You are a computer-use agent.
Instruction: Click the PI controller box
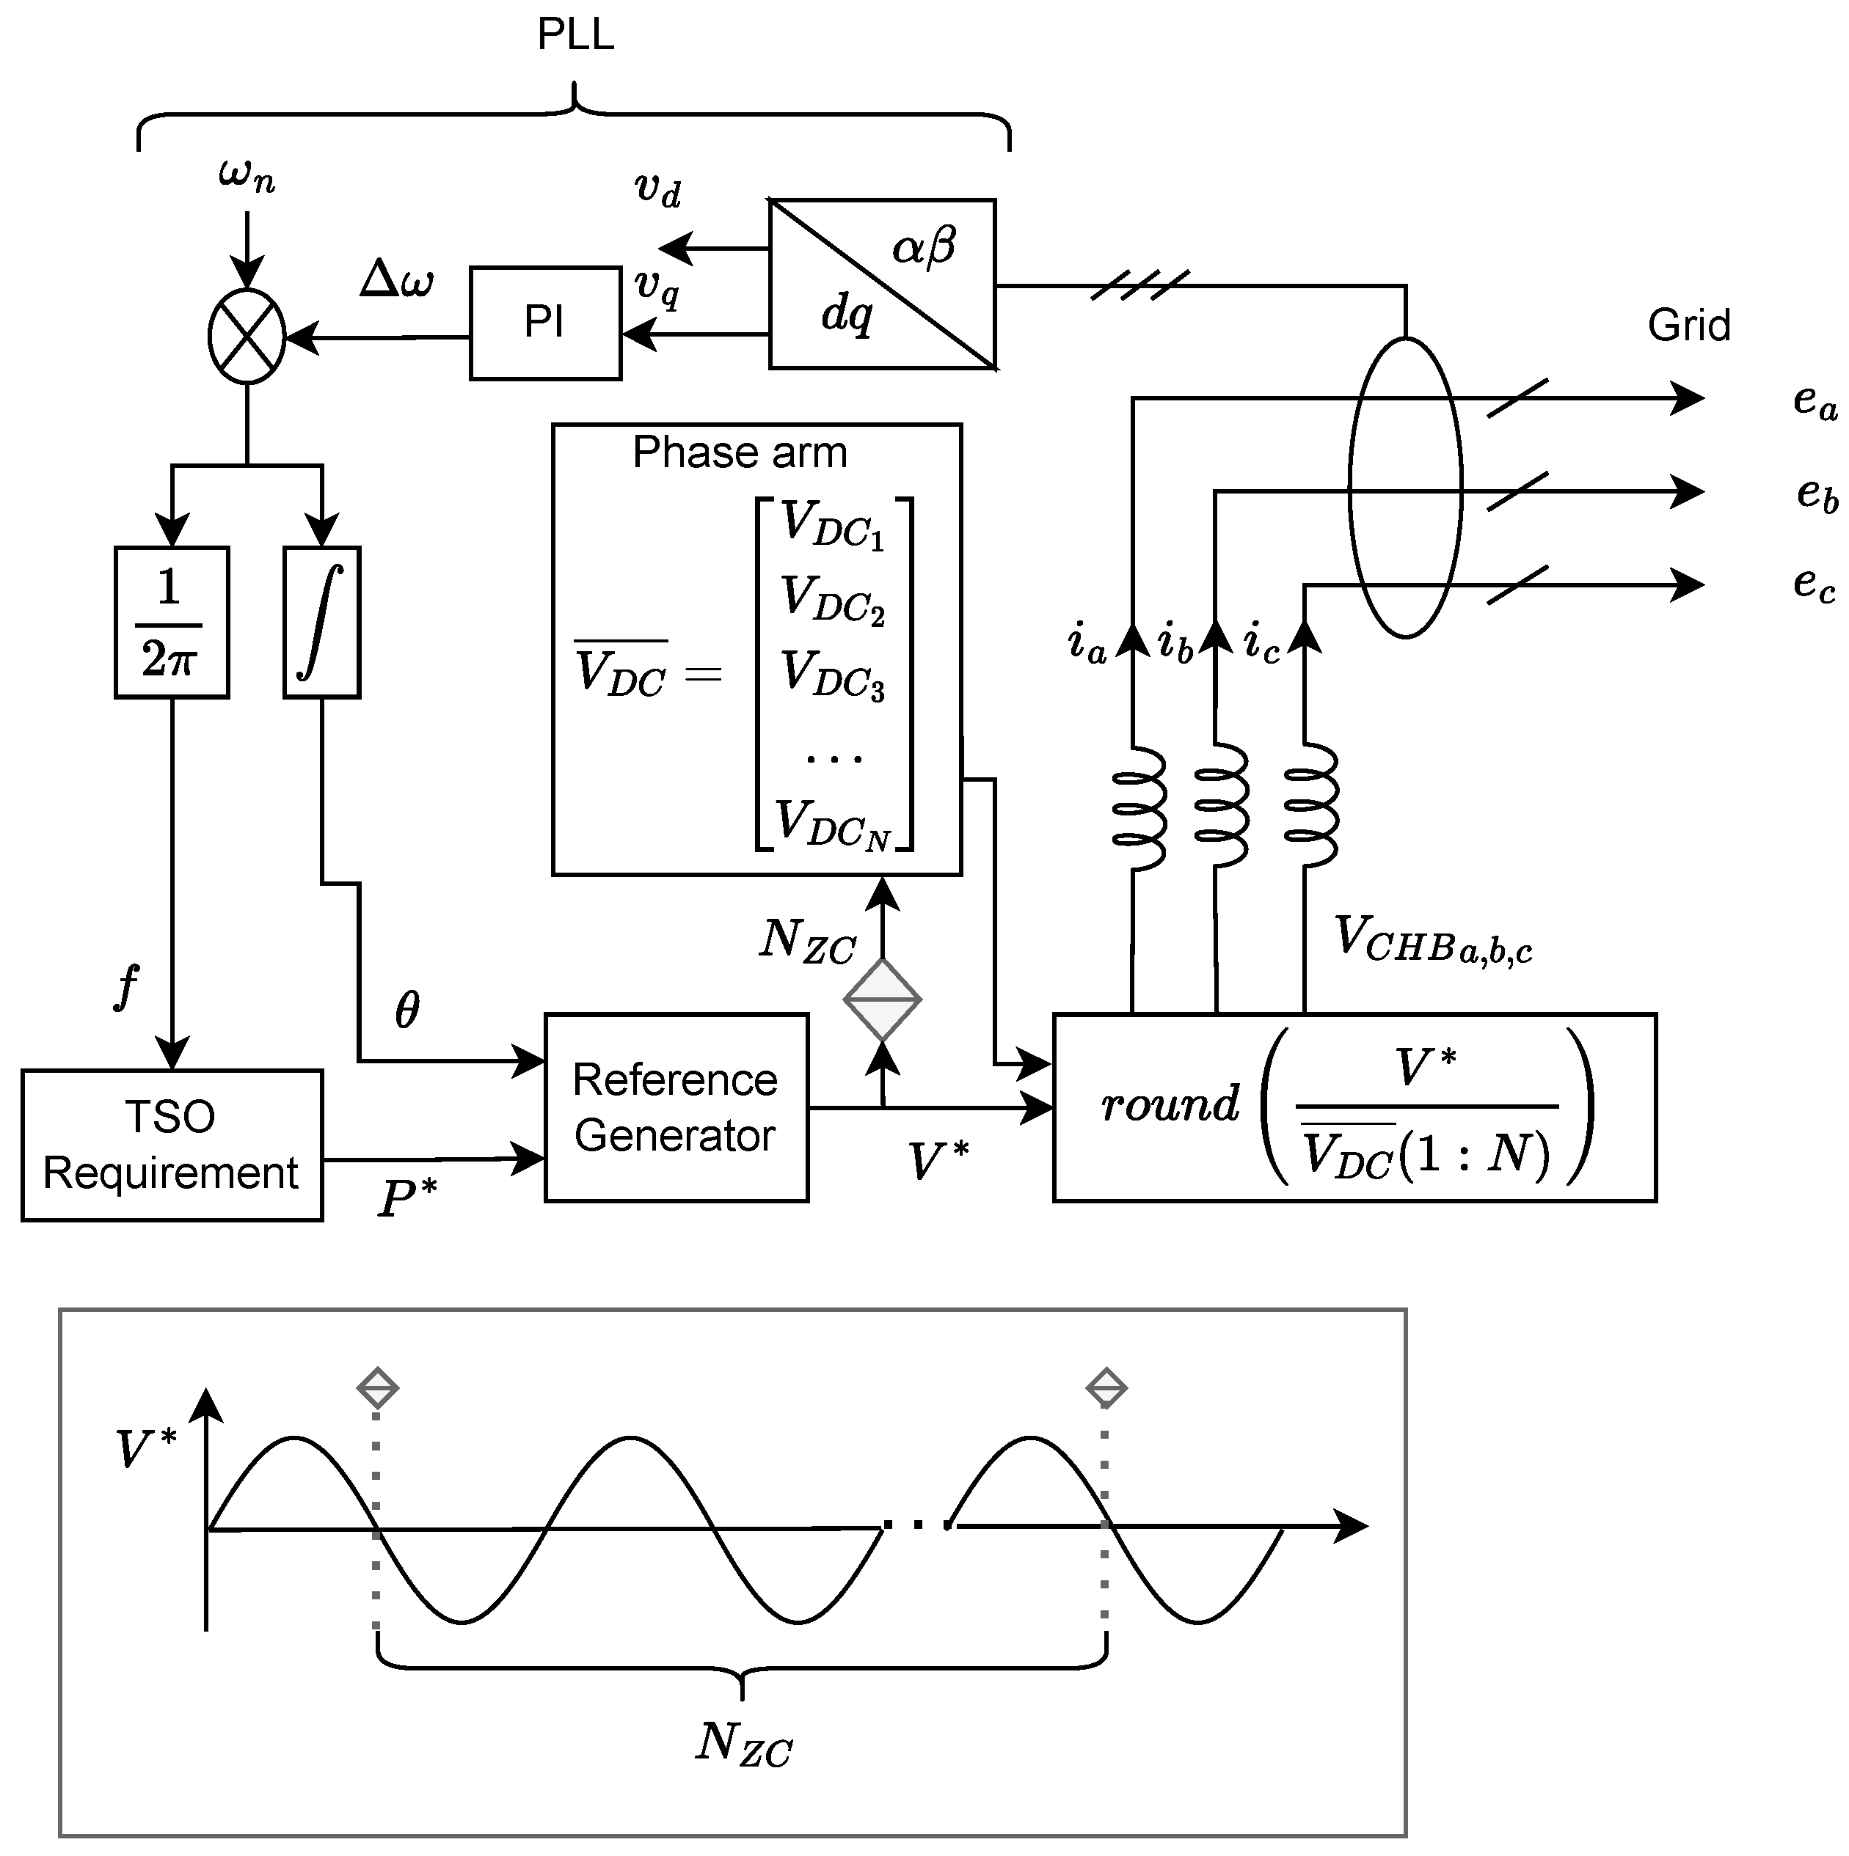coord(545,323)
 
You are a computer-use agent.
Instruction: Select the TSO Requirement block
coord(172,1145)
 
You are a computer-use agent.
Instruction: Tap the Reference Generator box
coord(676,1107)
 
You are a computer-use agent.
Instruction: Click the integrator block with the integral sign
coord(322,623)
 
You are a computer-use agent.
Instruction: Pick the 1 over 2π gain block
coord(172,623)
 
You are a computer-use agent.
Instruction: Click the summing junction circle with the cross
coord(247,337)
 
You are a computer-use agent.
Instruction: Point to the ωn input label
coord(247,175)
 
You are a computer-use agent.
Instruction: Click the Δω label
coord(397,279)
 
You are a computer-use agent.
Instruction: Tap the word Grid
coord(1688,326)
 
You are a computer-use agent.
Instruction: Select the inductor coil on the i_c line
coord(1310,806)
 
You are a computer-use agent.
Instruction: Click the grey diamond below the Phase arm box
coord(882,999)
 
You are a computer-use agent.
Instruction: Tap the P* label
coord(407,1197)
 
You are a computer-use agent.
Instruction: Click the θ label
coord(407,1010)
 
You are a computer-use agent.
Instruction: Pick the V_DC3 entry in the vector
coord(832,675)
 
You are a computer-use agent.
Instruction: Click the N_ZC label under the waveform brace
coord(745,1769)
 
